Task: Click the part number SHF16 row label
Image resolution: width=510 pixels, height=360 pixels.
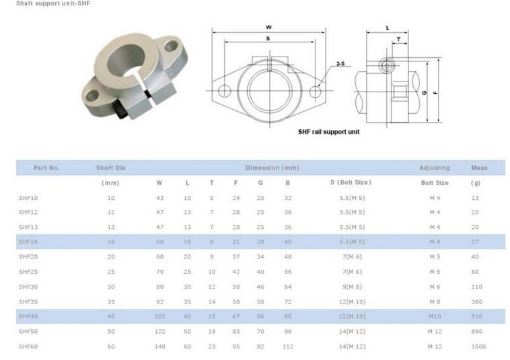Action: (x=28, y=242)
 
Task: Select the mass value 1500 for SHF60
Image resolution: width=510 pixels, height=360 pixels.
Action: (x=478, y=347)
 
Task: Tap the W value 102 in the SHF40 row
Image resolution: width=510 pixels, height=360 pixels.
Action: (x=159, y=316)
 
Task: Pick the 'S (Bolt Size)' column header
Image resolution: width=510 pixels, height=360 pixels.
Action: (x=351, y=182)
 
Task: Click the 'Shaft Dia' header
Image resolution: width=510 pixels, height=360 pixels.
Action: (x=110, y=168)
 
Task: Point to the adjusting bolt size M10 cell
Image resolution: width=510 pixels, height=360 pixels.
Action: (x=435, y=316)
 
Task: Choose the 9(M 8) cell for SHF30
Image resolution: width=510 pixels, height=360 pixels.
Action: (x=352, y=287)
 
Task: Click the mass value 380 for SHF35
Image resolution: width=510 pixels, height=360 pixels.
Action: (x=477, y=301)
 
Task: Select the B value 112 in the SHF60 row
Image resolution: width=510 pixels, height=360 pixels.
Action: (x=288, y=347)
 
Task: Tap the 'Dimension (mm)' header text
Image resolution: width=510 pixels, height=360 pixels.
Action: (x=272, y=168)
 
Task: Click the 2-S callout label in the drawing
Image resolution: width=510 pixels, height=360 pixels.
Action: (x=340, y=64)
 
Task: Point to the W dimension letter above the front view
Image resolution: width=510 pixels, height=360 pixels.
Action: (x=268, y=28)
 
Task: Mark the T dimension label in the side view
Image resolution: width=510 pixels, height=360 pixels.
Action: (x=398, y=40)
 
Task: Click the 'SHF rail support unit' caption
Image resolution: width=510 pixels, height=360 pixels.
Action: (x=329, y=132)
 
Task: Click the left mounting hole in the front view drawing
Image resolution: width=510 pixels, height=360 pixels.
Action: (x=225, y=91)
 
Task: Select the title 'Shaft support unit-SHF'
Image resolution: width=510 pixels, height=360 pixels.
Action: (x=53, y=3)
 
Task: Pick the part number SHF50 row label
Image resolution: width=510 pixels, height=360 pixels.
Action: (x=28, y=331)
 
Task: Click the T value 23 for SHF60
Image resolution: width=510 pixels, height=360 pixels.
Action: (x=212, y=347)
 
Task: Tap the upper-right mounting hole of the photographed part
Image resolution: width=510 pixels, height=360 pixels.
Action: (x=172, y=46)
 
